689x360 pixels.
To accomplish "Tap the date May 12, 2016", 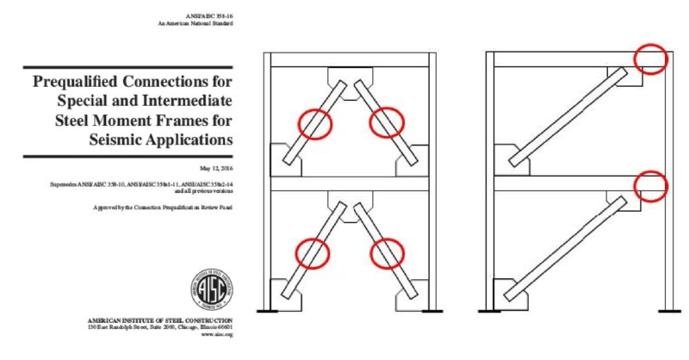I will point(214,168).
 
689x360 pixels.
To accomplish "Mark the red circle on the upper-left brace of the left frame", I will point(314,123).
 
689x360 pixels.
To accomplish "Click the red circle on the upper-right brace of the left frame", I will point(386,122).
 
